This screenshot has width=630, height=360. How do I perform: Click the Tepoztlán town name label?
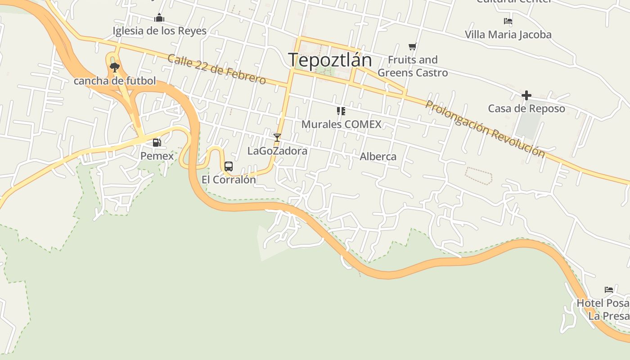(330, 60)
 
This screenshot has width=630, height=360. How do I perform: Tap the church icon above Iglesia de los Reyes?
(159, 18)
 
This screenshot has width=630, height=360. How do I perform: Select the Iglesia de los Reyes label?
(159, 31)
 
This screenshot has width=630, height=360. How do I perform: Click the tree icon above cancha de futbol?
(114, 67)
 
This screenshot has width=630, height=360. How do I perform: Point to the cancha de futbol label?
(115, 81)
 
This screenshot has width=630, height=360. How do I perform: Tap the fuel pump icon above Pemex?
(157, 143)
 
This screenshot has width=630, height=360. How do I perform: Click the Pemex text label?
(157, 156)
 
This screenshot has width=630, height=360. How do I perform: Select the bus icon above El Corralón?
(229, 166)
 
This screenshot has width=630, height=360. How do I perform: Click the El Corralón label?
(229, 180)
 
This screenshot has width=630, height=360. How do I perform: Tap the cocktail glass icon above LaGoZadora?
(277, 137)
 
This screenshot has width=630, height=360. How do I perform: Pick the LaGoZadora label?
(277, 151)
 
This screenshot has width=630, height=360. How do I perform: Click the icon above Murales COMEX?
(341, 111)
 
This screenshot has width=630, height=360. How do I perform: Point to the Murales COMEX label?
(341, 124)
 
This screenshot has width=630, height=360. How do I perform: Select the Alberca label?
(378, 157)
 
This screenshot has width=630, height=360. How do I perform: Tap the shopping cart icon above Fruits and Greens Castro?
(413, 46)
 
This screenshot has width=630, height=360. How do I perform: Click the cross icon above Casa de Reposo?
(526, 95)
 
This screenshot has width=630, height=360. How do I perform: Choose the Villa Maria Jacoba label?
(508, 35)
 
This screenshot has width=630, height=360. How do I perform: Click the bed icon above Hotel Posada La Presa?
(609, 290)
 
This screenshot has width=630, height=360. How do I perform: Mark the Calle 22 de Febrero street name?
(216, 69)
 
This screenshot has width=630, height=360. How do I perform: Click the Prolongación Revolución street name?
(485, 129)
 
